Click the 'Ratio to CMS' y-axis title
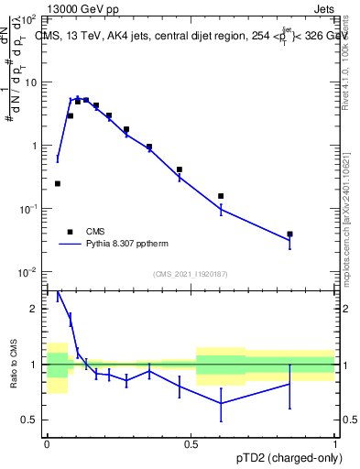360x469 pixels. (15, 364)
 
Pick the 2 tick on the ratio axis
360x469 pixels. (37, 309)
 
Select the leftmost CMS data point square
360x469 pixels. (58, 184)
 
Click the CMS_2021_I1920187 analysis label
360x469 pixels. (191, 274)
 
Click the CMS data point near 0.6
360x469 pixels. (221, 196)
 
